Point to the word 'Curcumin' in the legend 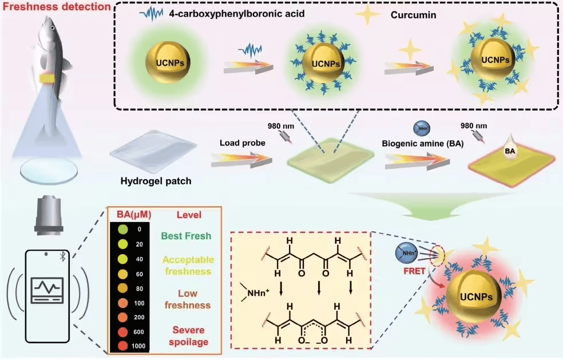pyautogui.click(x=417, y=15)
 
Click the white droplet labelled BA pyautogui.click(x=510, y=151)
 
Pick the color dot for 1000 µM pyautogui.click(x=123, y=346)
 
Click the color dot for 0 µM pyautogui.click(x=123, y=229)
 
